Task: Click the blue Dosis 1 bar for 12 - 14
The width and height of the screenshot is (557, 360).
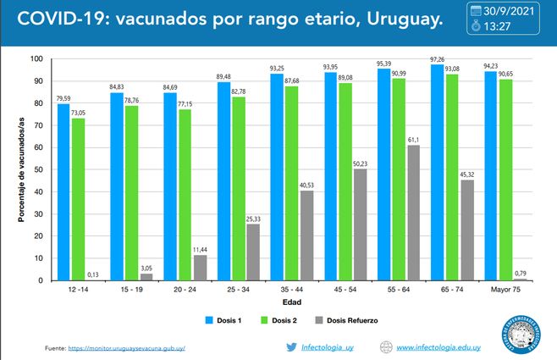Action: [63, 192]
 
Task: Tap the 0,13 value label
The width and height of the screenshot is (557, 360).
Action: [91, 274]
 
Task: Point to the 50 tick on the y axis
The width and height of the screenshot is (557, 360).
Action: [37, 169]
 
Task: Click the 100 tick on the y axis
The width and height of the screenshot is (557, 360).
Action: [36, 59]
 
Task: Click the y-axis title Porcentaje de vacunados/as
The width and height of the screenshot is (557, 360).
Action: [21, 169]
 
